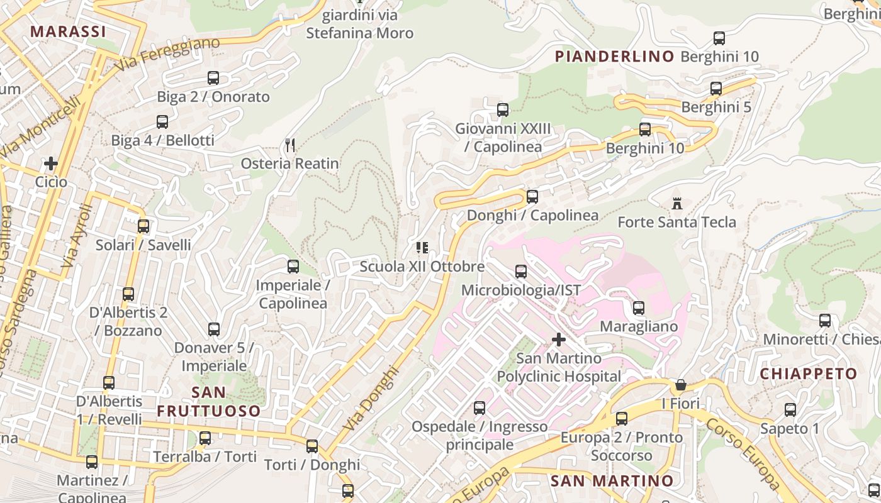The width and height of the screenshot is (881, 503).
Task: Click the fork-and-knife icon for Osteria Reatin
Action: coord(290,145)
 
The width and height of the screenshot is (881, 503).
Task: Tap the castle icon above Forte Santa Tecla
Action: coord(677,204)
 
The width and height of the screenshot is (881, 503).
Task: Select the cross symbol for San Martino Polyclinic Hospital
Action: coord(558,340)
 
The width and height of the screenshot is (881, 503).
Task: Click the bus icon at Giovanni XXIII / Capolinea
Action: coord(503,110)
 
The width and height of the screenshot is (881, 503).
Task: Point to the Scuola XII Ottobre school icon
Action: coord(422,248)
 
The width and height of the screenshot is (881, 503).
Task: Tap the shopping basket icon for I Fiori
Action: coord(680,384)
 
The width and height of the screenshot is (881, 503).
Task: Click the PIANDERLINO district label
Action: coord(614,57)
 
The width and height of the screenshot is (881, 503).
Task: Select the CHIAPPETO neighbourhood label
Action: coord(809,373)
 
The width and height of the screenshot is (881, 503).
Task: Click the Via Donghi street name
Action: coord(372,399)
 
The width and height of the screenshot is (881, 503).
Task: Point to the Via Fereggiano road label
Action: coord(167,53)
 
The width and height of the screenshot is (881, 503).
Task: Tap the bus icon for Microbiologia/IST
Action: coord(521,272)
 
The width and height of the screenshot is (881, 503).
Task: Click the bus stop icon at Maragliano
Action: coord(639,308)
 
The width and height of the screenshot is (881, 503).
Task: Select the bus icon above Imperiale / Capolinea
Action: coord(293,267)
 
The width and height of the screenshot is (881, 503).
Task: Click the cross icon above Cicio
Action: coord(51,163)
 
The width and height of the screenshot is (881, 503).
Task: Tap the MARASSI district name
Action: coord(68,31)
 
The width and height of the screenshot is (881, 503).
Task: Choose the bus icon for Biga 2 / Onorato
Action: coord(213,78)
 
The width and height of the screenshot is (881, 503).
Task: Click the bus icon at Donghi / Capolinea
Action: coord(532,197)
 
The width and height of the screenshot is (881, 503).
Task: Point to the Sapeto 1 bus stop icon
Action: coord(790,410)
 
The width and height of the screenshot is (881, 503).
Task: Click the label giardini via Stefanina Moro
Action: coord(359,24)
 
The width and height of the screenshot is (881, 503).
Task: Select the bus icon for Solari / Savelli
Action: coord(143,226)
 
